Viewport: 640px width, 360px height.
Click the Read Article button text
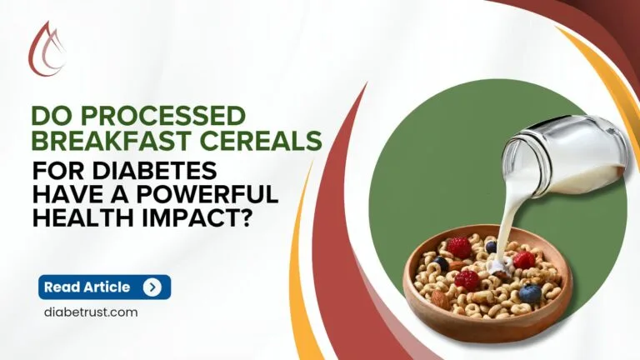tap(87, 287)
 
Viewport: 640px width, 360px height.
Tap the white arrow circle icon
tap(152, 287)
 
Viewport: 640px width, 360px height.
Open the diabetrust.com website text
tap(90, 312)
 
